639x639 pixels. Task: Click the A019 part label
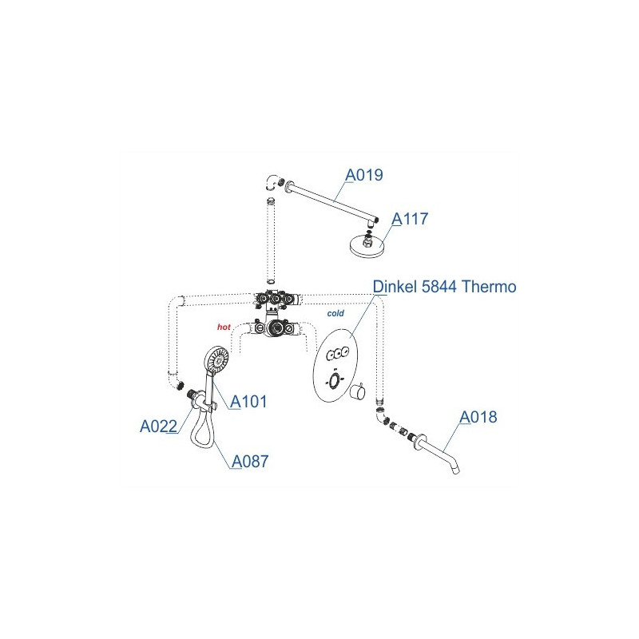coord(364,175)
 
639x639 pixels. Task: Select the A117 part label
coord(410,219)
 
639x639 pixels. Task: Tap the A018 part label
coord(478,417)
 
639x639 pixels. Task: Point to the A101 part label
coord(248,402)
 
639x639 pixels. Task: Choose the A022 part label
coord(158,427)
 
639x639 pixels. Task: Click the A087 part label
coord(250,462)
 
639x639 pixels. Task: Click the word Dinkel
coord(395,287)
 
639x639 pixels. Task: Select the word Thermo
coord(490,287)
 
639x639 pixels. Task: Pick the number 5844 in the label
coord(439,287)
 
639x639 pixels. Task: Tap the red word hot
coord(224,327)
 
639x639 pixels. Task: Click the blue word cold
coord(335,313)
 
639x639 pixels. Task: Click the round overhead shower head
coord(367,246)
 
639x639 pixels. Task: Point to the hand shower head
coord(216,359)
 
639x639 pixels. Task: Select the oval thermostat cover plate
coord(335,365)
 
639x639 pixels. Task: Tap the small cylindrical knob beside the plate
coord(357,391)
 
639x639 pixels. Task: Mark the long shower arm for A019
coord(331,201)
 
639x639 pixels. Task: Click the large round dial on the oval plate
coord(334,381)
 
